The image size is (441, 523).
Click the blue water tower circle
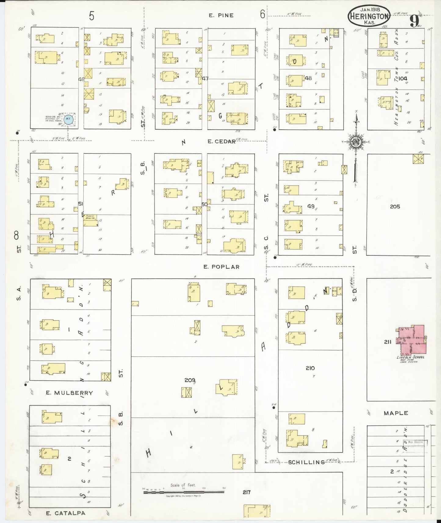(x=69, y=120)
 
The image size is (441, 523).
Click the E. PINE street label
(x=221, y=15)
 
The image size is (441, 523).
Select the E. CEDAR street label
(x=221, y=141)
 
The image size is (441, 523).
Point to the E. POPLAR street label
(x=221, y=267)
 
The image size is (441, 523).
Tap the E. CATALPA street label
(x=65, y=513)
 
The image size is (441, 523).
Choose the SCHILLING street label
(x=306, y=462)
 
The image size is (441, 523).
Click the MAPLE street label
(x=396, y=413)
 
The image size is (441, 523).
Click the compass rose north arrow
(x=356, y=142)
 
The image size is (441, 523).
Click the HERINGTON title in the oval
(x=369, y=16)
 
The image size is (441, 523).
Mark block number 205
(x=395, y=207)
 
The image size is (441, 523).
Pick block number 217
(x=247, y=492)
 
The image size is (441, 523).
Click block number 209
(x=190, y=380)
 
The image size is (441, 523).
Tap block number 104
(x=403, y=78)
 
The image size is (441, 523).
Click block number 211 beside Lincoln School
(x=388, y=342)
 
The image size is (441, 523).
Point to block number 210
(x=310, y=368)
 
